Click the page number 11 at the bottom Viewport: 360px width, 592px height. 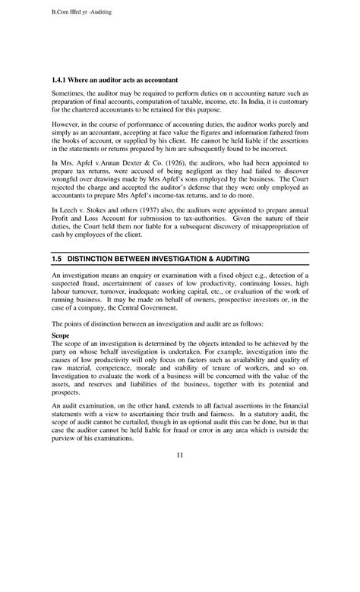(179, 477)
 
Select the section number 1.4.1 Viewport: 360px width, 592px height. (61, 79)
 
